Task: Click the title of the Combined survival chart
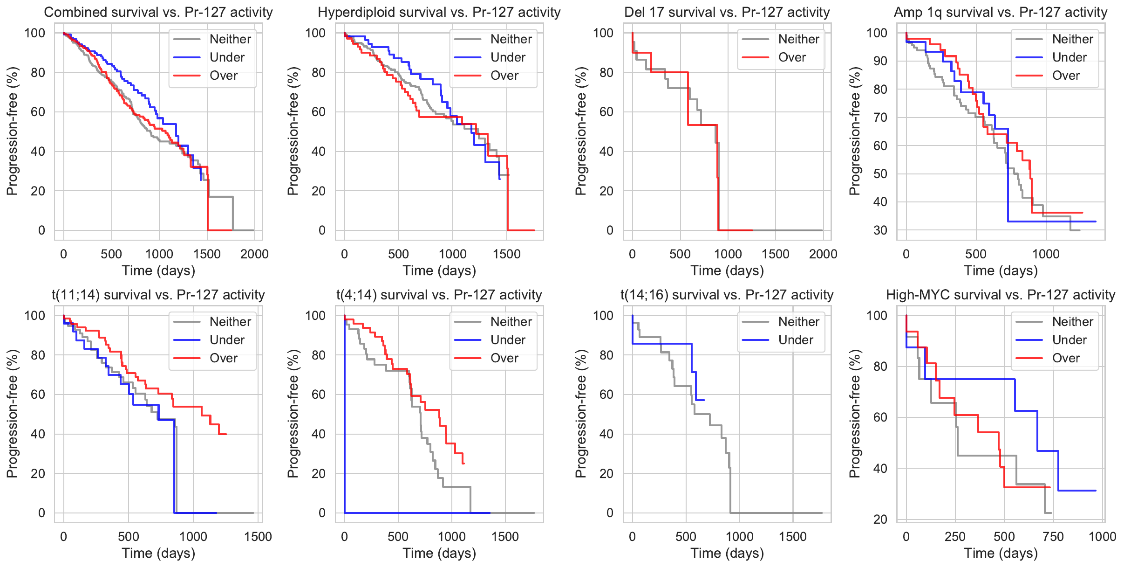tap(158, 12)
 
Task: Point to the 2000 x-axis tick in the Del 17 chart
tap(823, 254)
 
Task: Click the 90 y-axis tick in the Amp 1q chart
tap(880, 61)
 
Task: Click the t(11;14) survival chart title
tap(158, 295)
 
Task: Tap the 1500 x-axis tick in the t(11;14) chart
tap(258, 537)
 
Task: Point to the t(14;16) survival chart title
tap(727, 295)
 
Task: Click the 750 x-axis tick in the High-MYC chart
tap(1053, 537)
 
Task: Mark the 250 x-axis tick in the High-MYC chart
tap(955, 537)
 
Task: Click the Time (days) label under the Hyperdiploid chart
tap(439, 270)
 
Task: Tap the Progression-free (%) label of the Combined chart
tap(12, 131)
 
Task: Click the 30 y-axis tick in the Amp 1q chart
tap(880, 230)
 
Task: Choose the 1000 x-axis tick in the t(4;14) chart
tap(452, 537)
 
